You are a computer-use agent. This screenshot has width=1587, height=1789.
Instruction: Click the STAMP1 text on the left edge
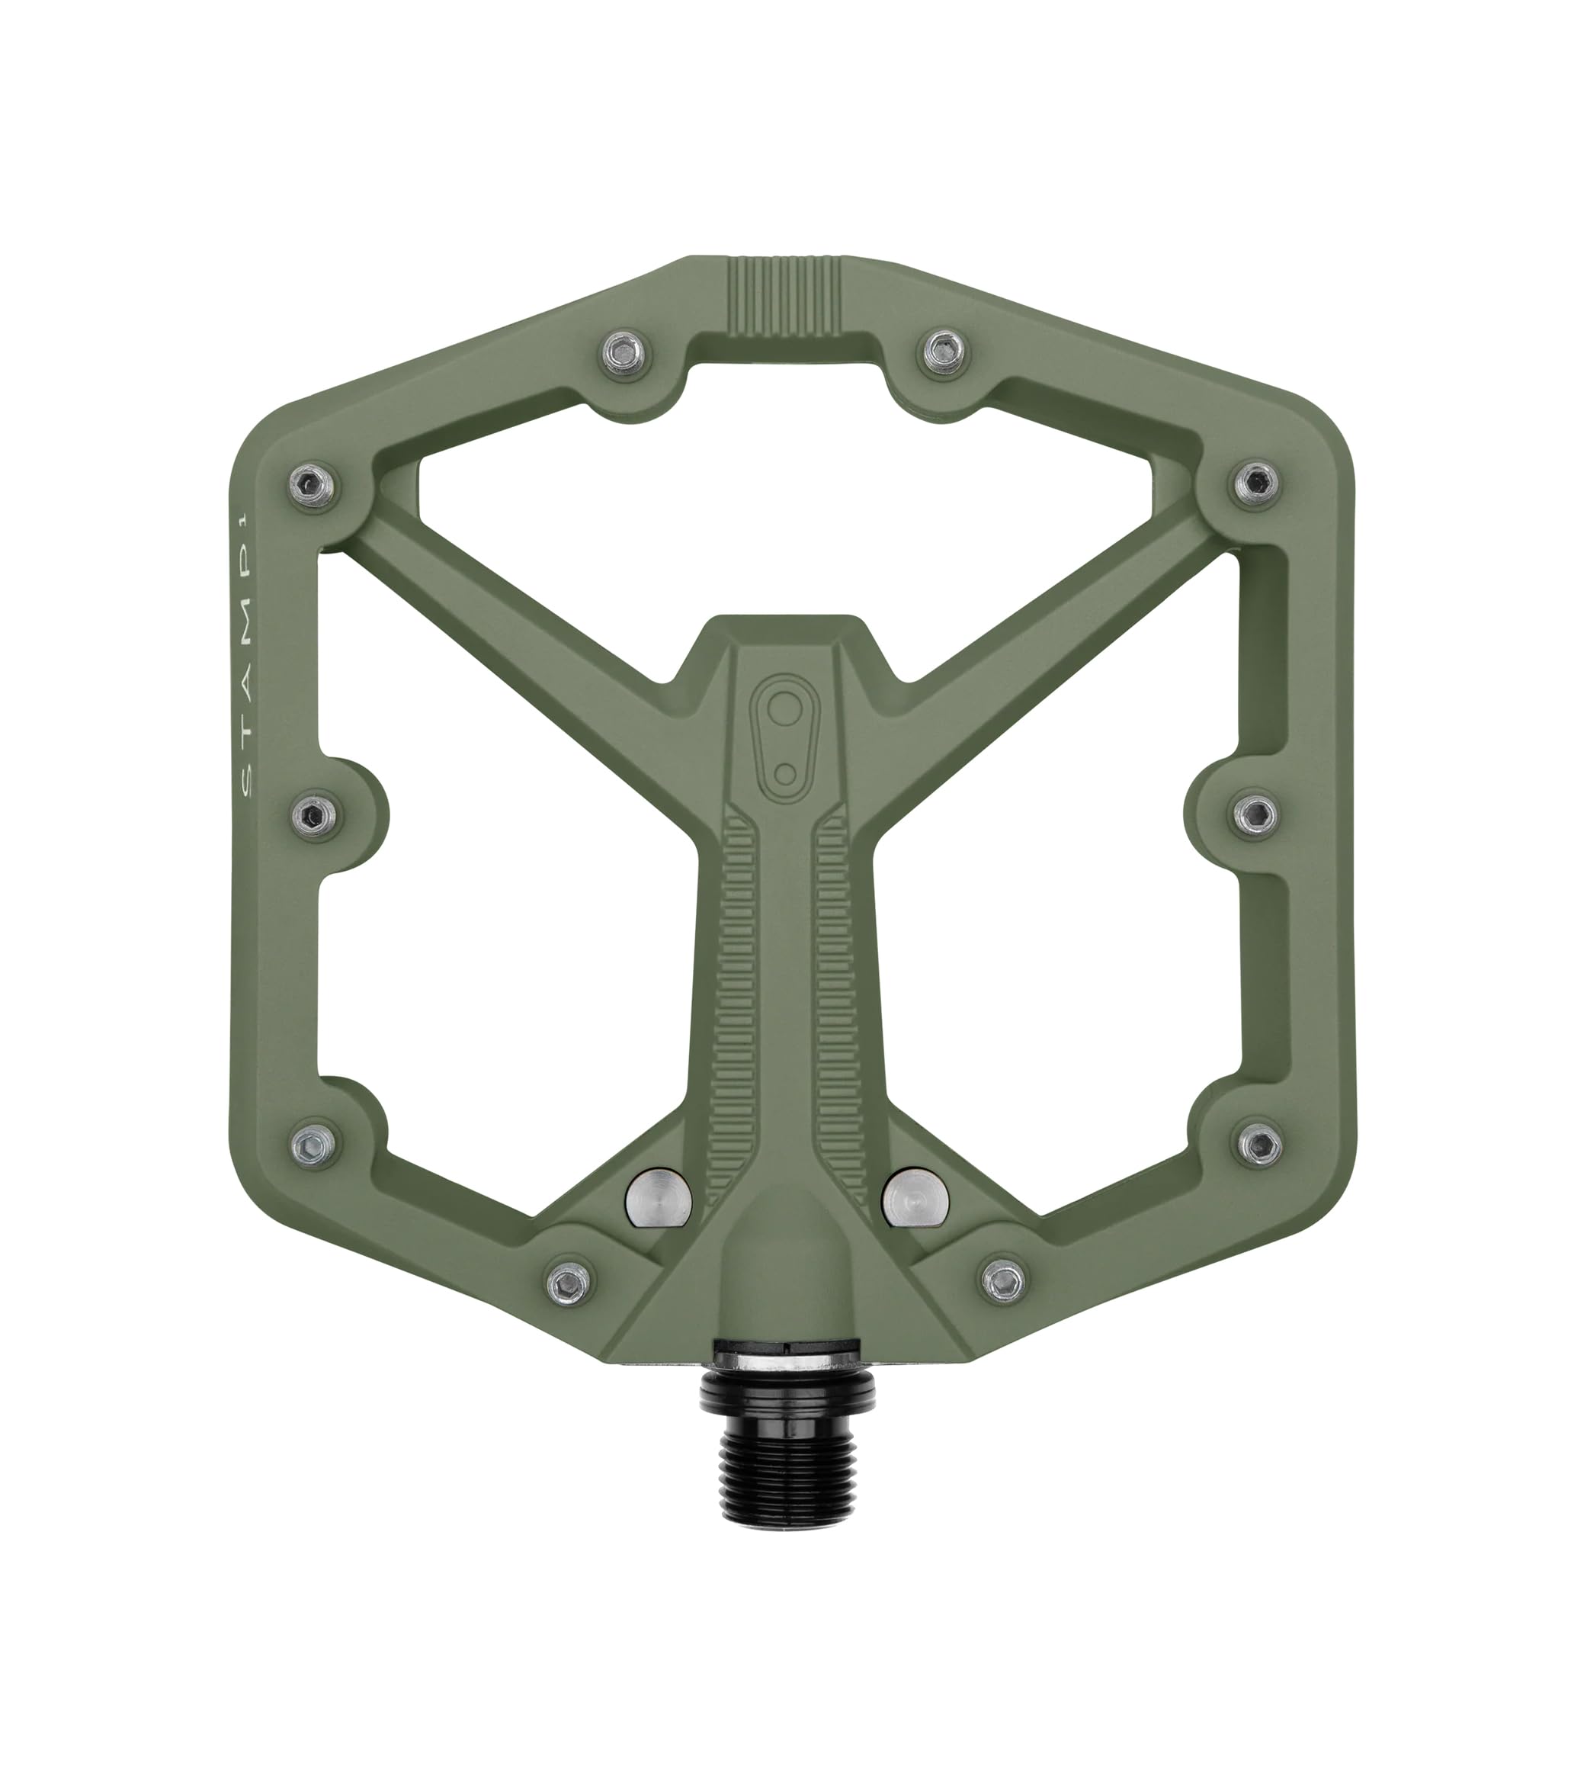coord(245,653)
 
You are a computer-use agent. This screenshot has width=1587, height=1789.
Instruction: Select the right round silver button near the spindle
coord(915,1196)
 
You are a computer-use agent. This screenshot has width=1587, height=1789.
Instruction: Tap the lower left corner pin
coord(315,1142)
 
